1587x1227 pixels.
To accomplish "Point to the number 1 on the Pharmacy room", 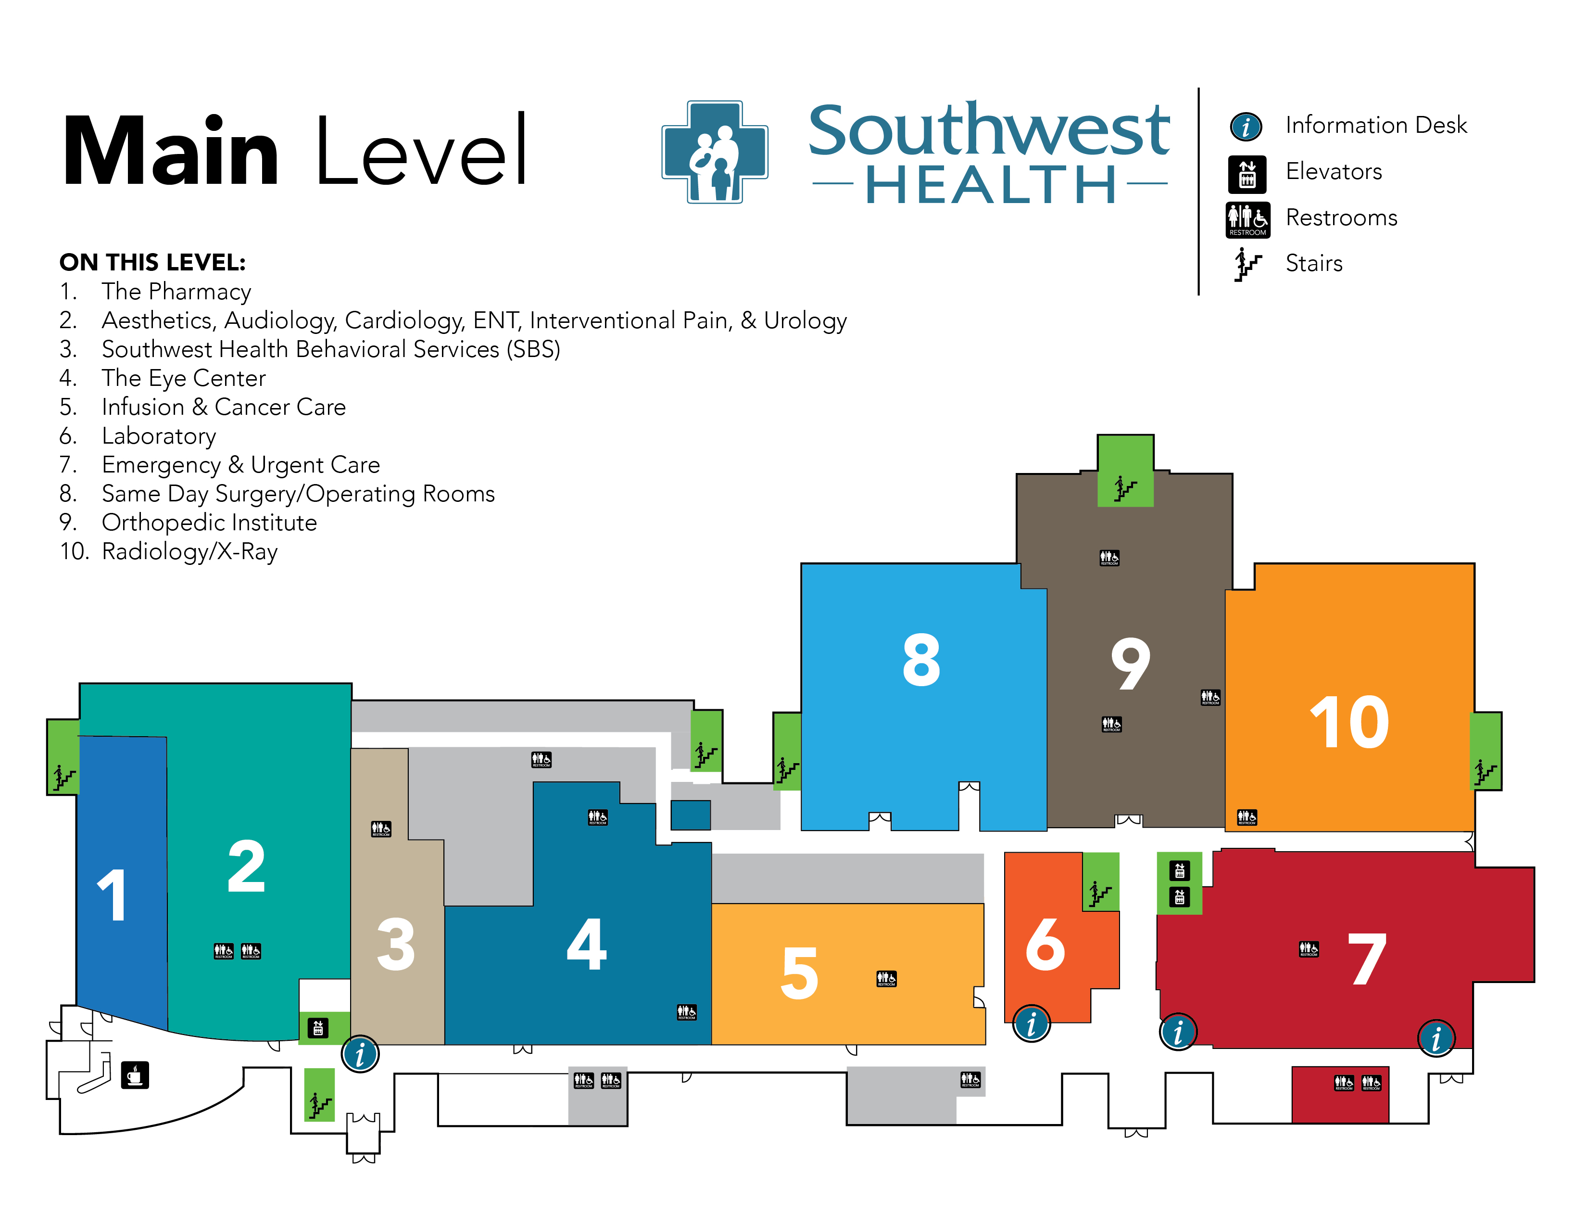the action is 113,895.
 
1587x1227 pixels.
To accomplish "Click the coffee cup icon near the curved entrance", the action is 135,1074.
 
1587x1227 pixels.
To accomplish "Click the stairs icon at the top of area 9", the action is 1125,488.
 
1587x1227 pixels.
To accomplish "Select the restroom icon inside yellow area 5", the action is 886,978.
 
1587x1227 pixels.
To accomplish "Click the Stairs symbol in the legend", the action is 1247,264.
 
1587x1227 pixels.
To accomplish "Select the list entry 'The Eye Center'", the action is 183,378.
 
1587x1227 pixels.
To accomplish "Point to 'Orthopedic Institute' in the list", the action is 209,523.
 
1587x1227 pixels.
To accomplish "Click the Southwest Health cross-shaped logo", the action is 715,152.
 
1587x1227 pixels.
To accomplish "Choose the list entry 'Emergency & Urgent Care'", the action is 240,464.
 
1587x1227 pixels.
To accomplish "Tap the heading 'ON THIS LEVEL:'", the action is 152,262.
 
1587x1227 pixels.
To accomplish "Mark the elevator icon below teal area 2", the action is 318,1028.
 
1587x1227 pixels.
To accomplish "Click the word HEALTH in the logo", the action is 990,185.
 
